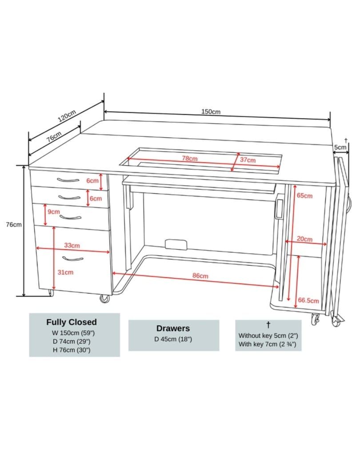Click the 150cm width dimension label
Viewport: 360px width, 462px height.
pyautogui.click(x=211, y=112)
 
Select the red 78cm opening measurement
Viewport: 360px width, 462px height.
pyautogui.click(x=190, y=158)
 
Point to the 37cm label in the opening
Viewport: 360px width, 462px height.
pyautogui.click(x=248, y=160)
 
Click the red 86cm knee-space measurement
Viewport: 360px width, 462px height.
pyautogui.click(x=200, y=276)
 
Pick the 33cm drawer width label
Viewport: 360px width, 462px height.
pyautogui.click(x=72, y=245)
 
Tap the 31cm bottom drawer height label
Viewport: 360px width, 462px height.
pyautogui.click(x=66, y=272)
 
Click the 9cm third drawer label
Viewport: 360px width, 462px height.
pyautogui.click(x=54, y=212)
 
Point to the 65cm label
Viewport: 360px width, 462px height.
pyautogui.click(x=305, y=195)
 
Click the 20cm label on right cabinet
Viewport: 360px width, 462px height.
pyautogui.click(x=304, y=239)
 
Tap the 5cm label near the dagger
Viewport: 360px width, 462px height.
pyautogui.click(x=341, y=147)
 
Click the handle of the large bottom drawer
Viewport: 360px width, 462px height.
pyautogui.click(x=73, y=259)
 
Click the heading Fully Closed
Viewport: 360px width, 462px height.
pyautogui.click(x=72, y=322)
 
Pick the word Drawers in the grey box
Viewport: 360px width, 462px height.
pyautogui.click(x=173, y=328)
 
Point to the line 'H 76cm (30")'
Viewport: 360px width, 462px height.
pyautogui.click(x=72, y=350)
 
